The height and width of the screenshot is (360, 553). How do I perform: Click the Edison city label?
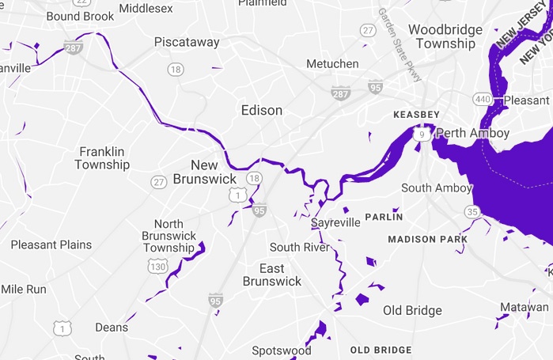[262, 110]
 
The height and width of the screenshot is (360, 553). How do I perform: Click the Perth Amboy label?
[473, 133]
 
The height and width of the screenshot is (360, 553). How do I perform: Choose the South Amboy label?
[436, 188]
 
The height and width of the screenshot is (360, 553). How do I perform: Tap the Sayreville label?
[335, 223]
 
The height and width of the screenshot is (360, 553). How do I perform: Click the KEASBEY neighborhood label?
[416, 115]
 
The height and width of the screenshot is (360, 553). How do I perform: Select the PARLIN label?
[384, 217]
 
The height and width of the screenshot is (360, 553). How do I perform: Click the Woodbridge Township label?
[445, 36]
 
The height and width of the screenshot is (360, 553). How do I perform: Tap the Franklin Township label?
[102, 158]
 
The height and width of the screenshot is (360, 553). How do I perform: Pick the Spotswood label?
[282, 350]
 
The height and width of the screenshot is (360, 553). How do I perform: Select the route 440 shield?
[482, 99]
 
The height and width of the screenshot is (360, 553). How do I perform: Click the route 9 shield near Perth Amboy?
[424, 135]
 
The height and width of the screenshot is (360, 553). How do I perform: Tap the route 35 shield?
[473, 211]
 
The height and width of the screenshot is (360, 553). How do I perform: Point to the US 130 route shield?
[158, 267]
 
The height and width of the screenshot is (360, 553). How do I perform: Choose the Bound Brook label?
[80, 16]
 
